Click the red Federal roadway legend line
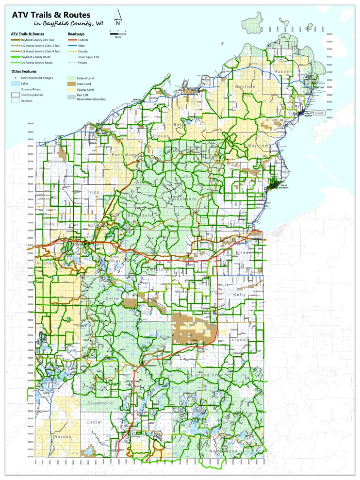pos(73,40)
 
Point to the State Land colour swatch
pos(73,84)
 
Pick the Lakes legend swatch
pos(15,83)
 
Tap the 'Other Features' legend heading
pos(24,71)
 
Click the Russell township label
pos(283,71)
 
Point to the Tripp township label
pos(93,192)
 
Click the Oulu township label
pos(49,224)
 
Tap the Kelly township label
pos(239,295)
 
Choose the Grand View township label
pos(208,375)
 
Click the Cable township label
pos(94,422)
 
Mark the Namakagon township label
pos(224,451)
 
